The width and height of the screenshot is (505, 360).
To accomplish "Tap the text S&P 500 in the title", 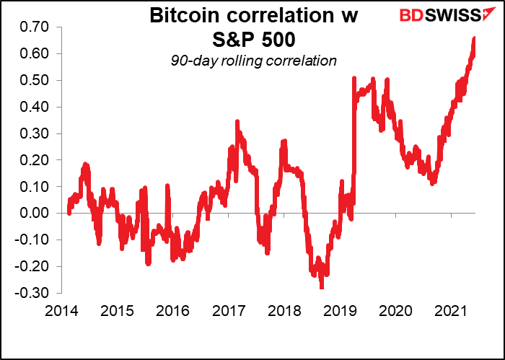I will [256, 39].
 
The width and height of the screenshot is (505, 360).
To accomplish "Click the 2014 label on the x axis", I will [67, 311].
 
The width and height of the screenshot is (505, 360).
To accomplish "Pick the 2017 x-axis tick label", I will [228, 311].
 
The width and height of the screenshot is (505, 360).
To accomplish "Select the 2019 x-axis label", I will [338, 311].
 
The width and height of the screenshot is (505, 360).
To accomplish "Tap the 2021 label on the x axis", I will [447, 311].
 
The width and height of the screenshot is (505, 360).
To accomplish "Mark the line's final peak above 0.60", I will [474, 38].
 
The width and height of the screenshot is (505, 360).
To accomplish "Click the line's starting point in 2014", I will [68, 212].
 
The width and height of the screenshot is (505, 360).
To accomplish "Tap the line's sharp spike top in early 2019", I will [354, 79].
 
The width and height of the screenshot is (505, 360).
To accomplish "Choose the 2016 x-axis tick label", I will [174, 311].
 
